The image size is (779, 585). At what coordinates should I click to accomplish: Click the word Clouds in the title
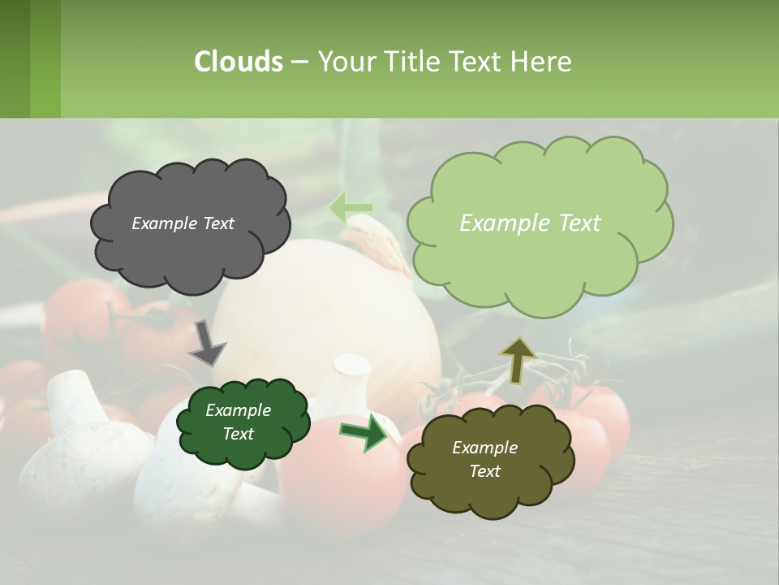(239, 62)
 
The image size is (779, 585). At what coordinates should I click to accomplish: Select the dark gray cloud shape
(190, 223)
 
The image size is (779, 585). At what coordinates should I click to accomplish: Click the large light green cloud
(539, 223)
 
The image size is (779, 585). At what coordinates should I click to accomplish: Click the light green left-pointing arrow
(350, 208)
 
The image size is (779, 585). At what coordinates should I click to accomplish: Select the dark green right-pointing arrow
(364, 432)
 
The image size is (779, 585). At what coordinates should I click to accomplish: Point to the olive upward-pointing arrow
(518, 359)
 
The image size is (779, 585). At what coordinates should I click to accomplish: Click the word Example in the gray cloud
(163, 223)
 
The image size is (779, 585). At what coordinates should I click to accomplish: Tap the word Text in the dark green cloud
(239, 434)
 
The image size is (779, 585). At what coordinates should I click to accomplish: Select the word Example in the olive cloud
(484, 448)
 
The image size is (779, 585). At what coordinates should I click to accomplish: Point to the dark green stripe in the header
(15, 58)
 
